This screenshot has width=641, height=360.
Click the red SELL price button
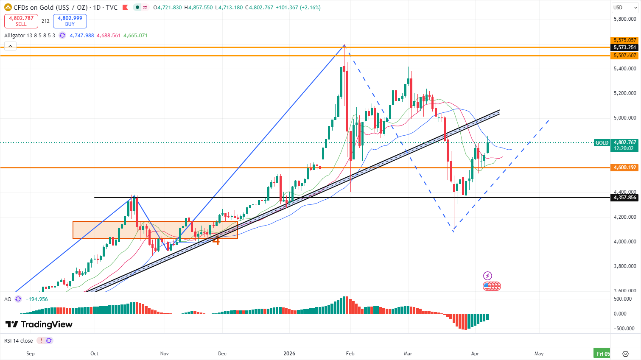tap(21, 21)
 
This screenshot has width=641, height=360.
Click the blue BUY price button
tap(70, 21)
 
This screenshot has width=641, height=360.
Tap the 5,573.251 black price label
tap(624, 47)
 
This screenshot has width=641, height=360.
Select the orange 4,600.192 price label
tap(624, 167)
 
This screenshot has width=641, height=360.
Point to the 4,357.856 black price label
tap(624, 198)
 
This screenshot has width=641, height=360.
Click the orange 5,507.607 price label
tap(624, 56)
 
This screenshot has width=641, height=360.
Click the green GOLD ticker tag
tap(602, 143)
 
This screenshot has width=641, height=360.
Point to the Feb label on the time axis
tap(350, 353)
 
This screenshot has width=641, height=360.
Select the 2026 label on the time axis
tap(289, 353)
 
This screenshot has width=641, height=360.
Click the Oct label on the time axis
tap(94, 353)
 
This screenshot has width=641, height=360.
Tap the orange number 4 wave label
tap(216, 240)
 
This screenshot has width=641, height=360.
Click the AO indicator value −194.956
tap(37, 299)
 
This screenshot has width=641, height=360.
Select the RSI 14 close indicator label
tap(19, 341)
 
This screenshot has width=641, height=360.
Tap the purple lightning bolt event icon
tap(487, 276)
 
